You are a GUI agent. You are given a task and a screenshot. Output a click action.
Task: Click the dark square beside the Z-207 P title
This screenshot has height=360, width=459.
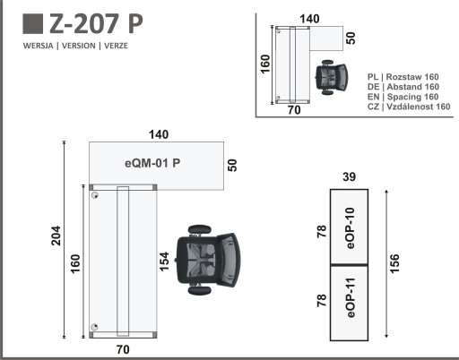coord(32,23)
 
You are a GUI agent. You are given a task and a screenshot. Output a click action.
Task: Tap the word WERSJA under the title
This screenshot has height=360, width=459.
coord(39,46)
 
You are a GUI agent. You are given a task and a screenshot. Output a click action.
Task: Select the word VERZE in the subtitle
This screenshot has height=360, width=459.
coord(116,46)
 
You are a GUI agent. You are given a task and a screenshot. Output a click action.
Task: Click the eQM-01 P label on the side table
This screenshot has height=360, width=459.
coord(152,163)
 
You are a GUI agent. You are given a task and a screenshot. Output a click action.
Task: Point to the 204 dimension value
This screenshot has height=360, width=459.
coord(56,236)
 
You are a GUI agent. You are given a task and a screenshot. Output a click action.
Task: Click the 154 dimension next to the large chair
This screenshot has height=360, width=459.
coord(164,261)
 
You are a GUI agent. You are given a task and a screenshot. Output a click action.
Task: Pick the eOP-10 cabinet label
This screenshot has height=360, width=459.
coord(350,228)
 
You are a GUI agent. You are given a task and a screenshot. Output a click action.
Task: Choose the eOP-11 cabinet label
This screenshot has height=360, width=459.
coord(351,297)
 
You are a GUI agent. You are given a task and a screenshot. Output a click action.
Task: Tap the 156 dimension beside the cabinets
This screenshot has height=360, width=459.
coord(394,263)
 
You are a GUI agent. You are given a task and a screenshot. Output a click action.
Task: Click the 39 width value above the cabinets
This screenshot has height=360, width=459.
coord(349,177)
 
